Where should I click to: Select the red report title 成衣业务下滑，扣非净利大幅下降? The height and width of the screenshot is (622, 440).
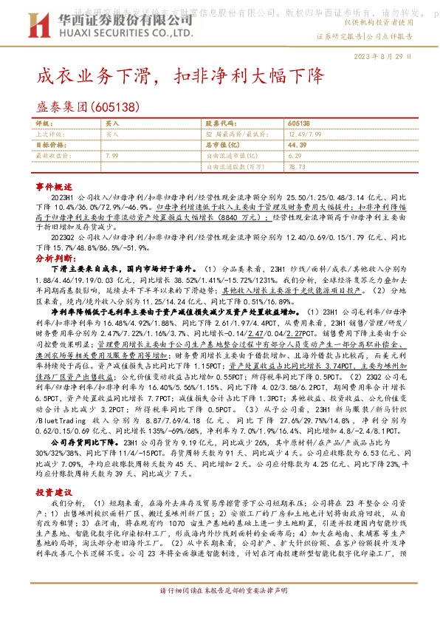(181, 76)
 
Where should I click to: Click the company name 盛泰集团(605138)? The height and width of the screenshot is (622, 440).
(87, 108)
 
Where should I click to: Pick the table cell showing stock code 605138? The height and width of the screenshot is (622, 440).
(299, 123)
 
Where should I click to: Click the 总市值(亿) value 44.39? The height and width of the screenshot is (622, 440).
(298, 145)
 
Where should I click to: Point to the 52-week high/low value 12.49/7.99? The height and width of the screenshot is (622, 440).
(304, 134)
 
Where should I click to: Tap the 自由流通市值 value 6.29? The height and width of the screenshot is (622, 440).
(295, 156)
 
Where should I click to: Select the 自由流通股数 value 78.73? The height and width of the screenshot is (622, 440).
(297, 167)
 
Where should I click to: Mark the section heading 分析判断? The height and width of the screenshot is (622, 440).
(54, 260)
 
